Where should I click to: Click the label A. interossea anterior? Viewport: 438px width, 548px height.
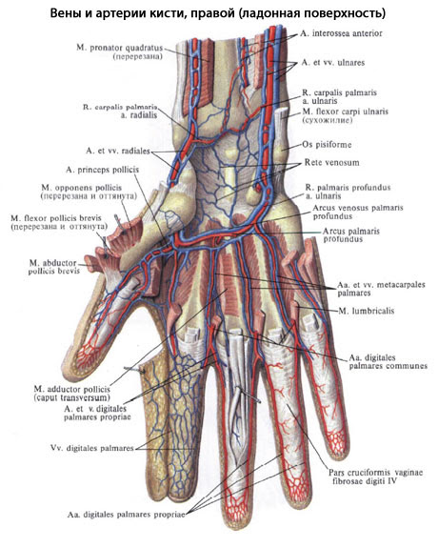[341, 33]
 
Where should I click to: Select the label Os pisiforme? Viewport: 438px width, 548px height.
[327, 144]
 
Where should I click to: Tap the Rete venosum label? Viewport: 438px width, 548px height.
[331, 163]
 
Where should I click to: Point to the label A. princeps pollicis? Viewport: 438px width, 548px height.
[102, 170]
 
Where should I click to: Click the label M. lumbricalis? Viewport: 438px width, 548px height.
[366, 311]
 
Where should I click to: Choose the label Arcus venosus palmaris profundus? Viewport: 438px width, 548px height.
[358, 212]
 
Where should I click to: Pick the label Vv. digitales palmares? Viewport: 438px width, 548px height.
[91, 448]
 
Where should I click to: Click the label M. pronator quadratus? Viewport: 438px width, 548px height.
[119, 48]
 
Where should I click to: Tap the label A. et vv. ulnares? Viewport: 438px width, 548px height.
[333, 63]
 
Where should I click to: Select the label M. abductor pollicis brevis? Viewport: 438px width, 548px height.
[54, 267]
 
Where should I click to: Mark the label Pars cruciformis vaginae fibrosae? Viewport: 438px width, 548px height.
[375, 477]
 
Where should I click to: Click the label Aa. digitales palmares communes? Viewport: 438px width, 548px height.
[388, 362]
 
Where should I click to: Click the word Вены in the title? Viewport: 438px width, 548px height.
[63, 13]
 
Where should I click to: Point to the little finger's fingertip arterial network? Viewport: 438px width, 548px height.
[337, 439]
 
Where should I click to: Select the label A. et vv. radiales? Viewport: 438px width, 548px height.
[118, 151]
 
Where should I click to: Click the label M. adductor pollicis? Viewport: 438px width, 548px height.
[72, 389]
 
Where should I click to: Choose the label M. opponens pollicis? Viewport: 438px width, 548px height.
[81, 188]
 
